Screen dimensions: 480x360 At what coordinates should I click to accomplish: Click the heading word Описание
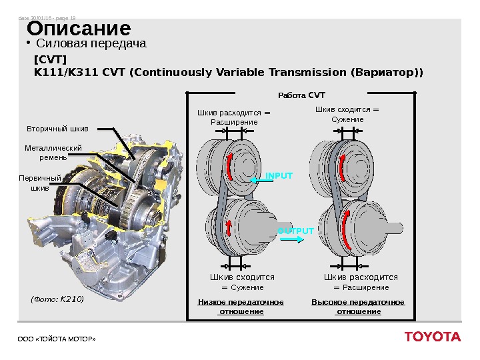(79, 30)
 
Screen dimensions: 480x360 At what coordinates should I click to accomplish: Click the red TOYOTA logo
(432, 337)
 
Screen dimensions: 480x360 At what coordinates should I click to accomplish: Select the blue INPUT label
(279, 176)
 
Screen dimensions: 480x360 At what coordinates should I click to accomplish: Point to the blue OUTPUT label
(295, 231)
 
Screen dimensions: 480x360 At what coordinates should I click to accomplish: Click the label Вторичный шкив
(57, 127)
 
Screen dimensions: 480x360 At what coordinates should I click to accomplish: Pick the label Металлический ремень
(53, 153)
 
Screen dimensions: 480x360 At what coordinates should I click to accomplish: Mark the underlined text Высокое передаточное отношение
(358, 307)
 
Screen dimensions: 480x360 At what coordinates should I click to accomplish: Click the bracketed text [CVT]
(45, 59)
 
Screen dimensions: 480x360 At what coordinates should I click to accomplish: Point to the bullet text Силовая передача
(91, 44)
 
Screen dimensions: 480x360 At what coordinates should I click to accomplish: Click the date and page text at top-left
(46, 19)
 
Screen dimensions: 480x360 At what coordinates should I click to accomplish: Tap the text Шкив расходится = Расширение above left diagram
(234, 117)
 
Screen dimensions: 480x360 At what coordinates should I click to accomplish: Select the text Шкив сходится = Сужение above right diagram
(347, 115)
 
